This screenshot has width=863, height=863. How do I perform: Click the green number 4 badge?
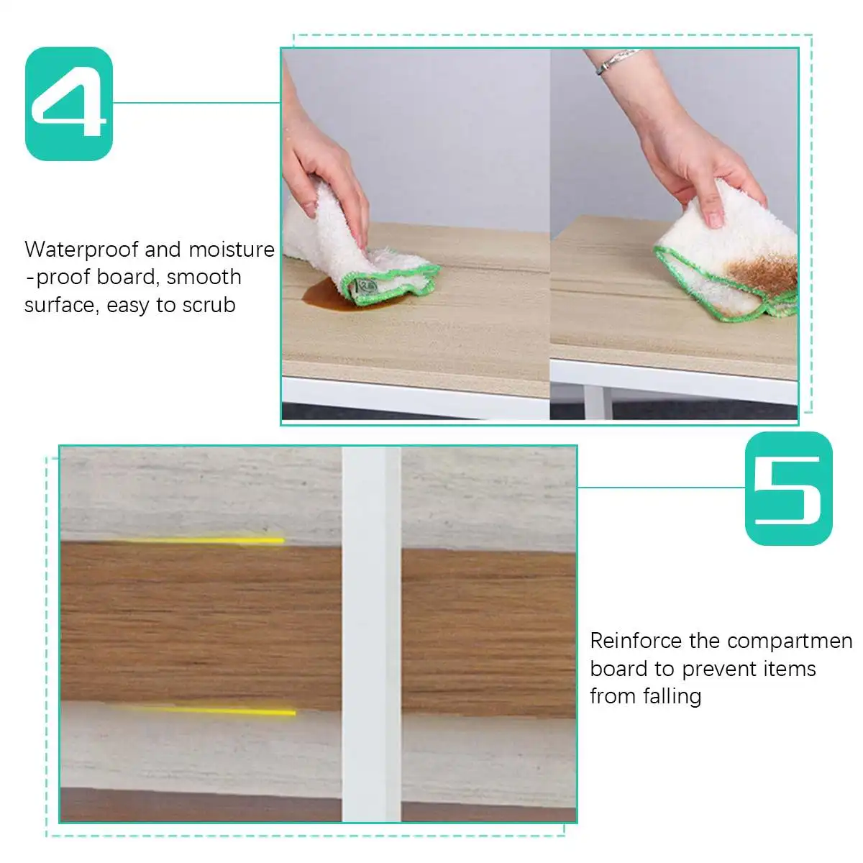pos(69,104)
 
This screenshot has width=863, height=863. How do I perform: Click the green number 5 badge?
pos(788,488)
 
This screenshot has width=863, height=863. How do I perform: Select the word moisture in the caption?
pos(232,250)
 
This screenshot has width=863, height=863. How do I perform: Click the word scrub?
pos(209,306)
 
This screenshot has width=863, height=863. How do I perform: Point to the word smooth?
pos(204,278)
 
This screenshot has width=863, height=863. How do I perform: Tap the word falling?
pos(667,696)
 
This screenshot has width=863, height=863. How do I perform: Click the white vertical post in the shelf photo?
pos(370,633)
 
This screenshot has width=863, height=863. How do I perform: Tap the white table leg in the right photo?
pos(597,403)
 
